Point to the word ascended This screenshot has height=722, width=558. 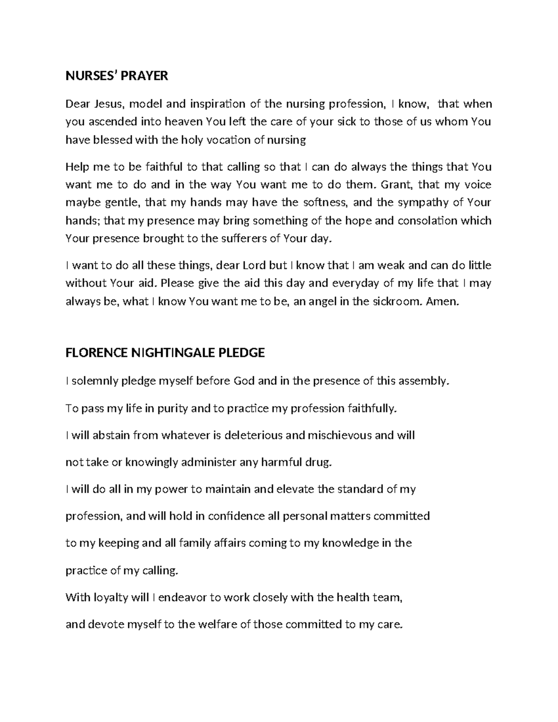(110, 122)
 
